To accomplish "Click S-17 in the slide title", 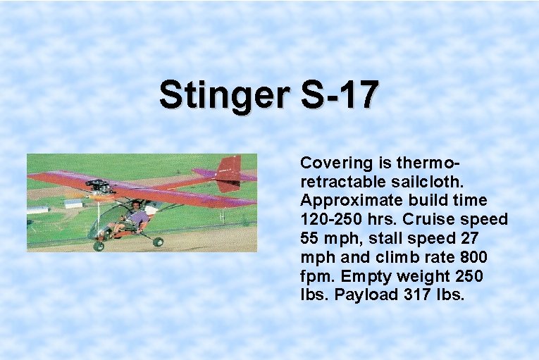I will click(x=340, y=95).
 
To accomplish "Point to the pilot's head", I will click(x=134, y=205).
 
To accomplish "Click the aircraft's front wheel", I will click(x=99, y=246).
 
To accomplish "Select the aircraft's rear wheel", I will click(x=158, y=242).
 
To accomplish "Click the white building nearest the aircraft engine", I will click(x=73, y=204).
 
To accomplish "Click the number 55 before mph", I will click(x=310, y=239).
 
